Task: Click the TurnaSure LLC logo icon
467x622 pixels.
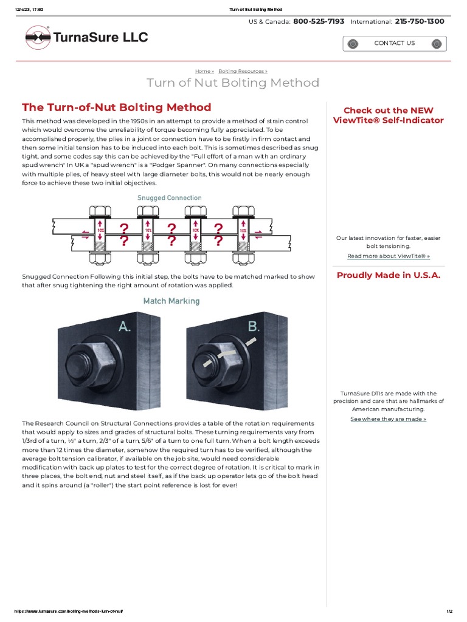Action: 38,38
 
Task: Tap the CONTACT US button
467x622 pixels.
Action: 394,43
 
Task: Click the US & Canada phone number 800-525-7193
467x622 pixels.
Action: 319,21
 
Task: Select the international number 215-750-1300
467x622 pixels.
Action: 420,21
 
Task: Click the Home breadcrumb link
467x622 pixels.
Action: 204,71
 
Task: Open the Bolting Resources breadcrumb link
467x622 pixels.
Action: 243,71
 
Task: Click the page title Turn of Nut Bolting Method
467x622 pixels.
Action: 233,83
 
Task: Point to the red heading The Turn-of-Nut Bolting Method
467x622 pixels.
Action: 117,108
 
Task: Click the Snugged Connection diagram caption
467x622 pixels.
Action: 169,198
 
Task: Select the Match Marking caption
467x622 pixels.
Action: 171,301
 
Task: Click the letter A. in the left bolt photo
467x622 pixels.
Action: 125,327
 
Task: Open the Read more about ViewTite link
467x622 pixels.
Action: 388,256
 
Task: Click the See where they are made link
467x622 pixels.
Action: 388,419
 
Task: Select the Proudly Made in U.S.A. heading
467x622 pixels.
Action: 388,276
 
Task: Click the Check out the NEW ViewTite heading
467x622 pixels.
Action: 388,115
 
